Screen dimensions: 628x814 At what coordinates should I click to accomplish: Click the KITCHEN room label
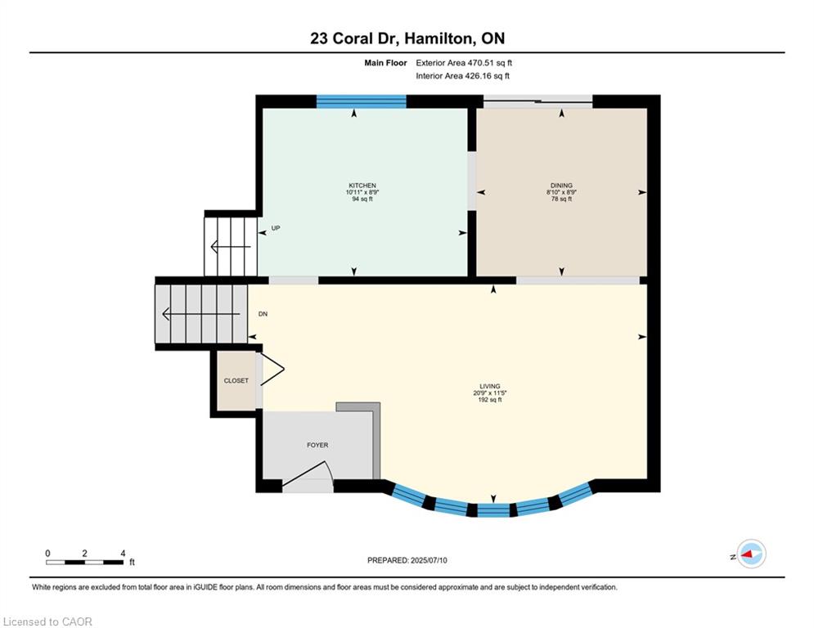tap(362, 186)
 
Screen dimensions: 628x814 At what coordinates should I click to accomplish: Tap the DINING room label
tap(560, 186)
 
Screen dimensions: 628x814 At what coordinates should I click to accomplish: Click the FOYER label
tap(317, 445)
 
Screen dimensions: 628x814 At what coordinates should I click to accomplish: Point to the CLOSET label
tap(236, 380)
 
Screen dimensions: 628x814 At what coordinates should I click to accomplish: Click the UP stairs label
tap(276, 228)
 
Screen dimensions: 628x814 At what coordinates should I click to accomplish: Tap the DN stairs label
tap(263, 314)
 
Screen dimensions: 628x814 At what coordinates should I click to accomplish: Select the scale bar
tap(85, 562)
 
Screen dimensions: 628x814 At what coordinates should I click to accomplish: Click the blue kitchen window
tap(361, 101)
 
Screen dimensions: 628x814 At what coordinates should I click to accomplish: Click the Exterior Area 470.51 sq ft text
tap(464, 62)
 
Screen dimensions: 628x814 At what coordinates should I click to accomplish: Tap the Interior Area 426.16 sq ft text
tap(462, 76)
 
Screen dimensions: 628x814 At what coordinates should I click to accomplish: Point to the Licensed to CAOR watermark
tap(48, 621)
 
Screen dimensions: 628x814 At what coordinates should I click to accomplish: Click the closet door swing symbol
tap(271, 372)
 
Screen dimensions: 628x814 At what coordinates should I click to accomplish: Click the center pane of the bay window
tap(492, 510)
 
